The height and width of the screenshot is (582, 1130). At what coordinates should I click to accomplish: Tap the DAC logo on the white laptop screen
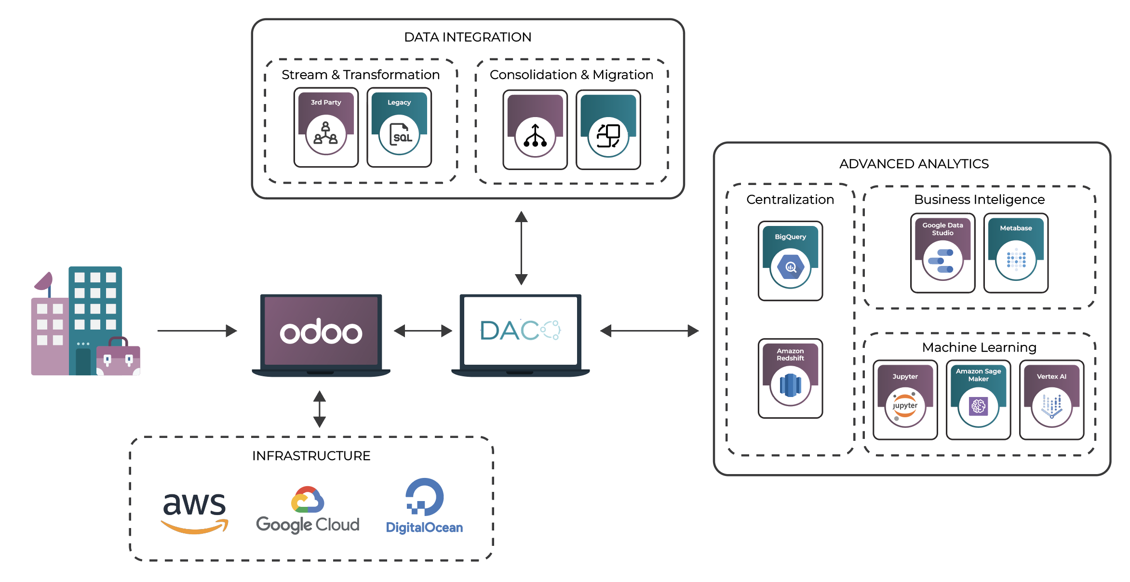520,331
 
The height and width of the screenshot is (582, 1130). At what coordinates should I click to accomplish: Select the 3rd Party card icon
326,134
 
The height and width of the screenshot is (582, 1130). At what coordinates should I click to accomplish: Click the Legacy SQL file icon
399,134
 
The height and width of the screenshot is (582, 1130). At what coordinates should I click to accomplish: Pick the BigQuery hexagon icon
790,267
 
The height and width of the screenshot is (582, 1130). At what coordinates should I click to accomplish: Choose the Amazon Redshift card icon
790,385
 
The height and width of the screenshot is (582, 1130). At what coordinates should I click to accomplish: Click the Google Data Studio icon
942,260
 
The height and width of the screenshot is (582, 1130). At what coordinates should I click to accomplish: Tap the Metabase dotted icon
1016,260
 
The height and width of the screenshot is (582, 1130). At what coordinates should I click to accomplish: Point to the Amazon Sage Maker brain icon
978,407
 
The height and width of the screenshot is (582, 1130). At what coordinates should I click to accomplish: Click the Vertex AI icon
1051,407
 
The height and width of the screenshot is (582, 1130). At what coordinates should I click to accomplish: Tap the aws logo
194,512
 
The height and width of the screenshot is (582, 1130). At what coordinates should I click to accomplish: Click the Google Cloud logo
308,510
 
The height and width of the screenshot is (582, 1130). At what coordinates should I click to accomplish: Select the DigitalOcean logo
424,506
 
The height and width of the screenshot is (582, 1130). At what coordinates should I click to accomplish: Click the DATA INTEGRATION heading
467,37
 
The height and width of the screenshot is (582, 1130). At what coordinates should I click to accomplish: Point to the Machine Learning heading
979,347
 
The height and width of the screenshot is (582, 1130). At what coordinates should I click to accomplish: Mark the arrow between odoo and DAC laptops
423,331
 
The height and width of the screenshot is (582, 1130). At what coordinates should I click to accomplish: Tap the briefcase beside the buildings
118,357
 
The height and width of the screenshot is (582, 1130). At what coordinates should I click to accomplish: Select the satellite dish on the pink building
44,281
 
